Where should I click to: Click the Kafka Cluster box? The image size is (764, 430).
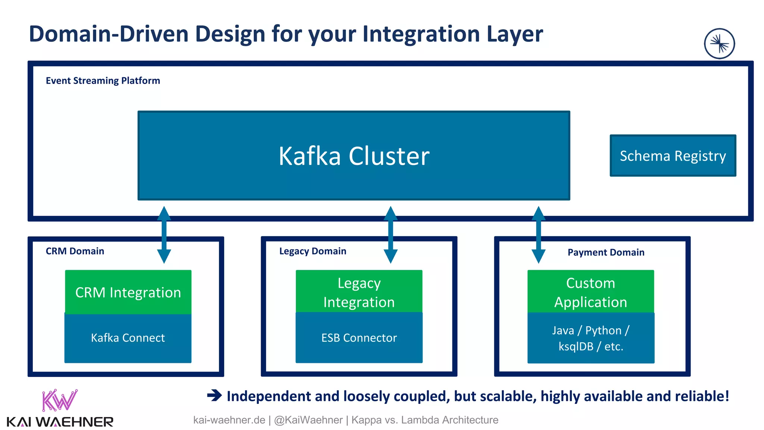click(354, 155)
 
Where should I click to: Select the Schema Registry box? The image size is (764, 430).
click(673, 155)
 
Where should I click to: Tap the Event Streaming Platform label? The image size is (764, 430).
click(103, 81)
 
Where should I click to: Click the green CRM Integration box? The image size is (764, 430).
click(128, 292)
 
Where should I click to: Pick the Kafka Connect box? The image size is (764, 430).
click(128, 338)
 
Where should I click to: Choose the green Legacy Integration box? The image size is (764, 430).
click(359, 292)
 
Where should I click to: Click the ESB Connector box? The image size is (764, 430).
click(359, 338)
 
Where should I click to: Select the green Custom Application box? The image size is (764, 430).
click(591, 292)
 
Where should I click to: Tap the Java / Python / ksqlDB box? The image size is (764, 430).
click(591, 338)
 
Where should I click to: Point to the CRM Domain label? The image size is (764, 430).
click(75, 251)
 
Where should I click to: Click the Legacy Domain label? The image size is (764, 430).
click(313, 251)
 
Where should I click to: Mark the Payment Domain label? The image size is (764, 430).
click(606, 252)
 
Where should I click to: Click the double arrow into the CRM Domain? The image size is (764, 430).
click(164, 235)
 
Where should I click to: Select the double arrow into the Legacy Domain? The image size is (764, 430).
click(390, 235)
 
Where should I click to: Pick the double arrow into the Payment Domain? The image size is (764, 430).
click(538, 235)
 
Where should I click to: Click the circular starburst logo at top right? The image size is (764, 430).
click(719, 44)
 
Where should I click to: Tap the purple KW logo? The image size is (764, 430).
click(60, 400)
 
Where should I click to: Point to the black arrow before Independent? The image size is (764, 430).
click(215, 395)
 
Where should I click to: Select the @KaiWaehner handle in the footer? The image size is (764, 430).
click(308, 420)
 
